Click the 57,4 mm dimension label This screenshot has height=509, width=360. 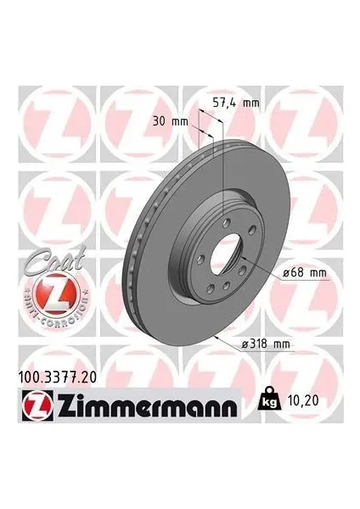234,103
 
